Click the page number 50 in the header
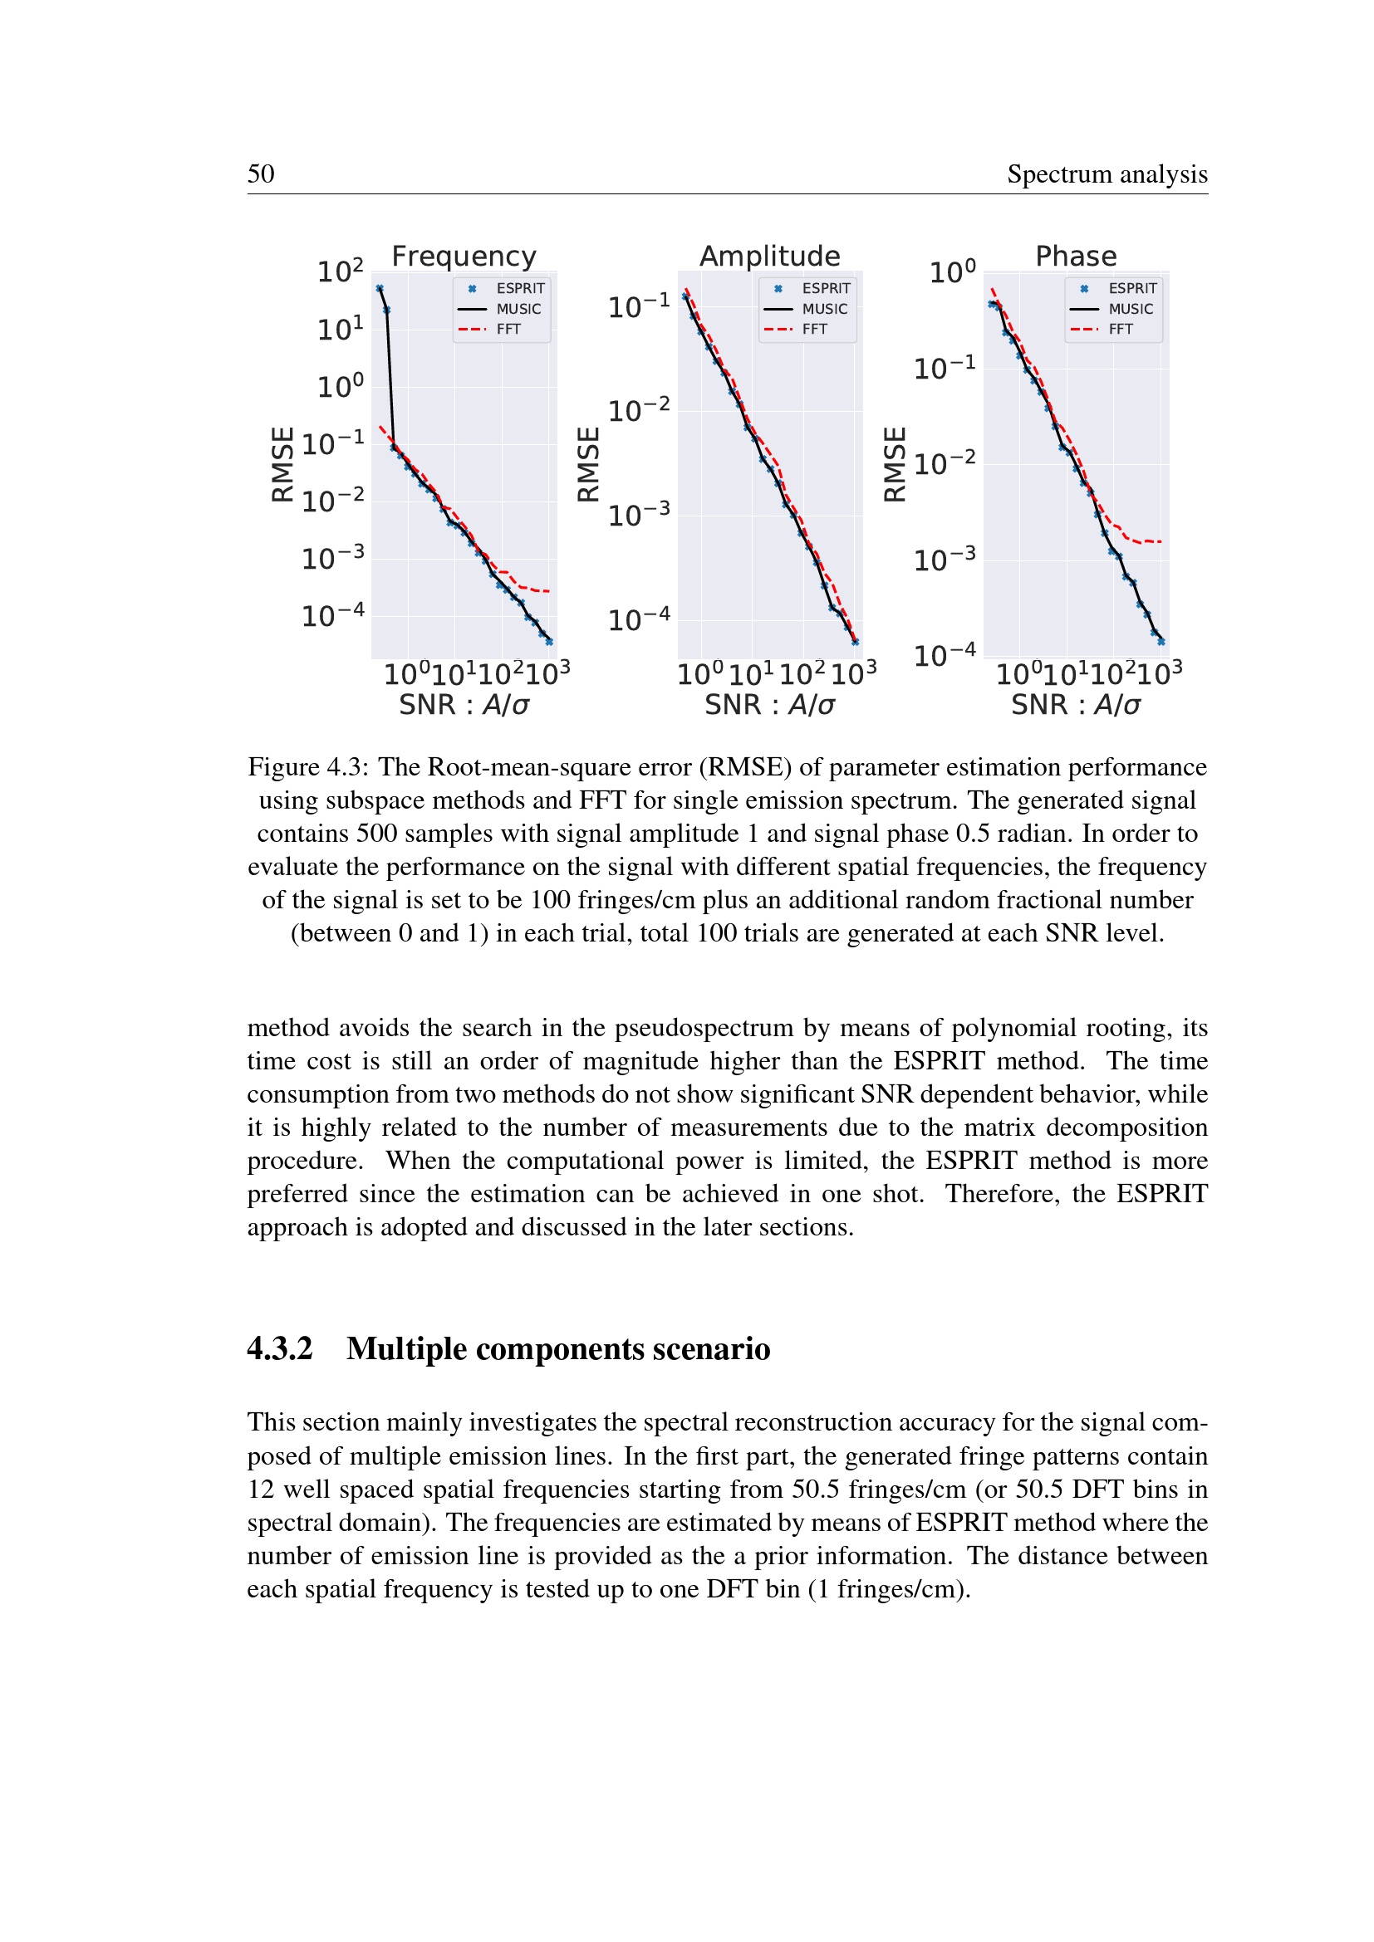point(261,174)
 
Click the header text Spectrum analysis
point(1107,174)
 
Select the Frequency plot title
point(464,257)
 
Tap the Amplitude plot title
point(770,257)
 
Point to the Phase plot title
point(1076,257)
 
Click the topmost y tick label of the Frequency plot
point(340,271)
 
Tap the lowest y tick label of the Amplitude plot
point(639,619)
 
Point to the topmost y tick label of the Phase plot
point(953,272)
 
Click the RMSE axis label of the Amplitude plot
point(588,464)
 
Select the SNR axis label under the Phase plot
point(1076,705)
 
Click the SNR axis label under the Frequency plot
point(464,705)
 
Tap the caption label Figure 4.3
point(307,766)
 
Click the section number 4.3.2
point(280,1348)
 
